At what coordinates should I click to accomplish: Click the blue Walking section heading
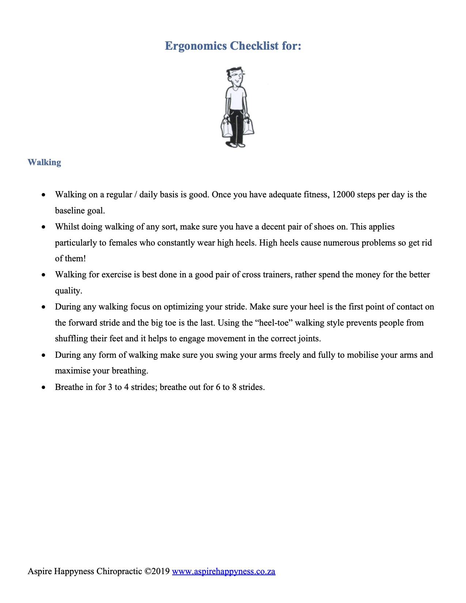tap(44, 162)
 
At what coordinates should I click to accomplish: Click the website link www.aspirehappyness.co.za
tap(223, 571)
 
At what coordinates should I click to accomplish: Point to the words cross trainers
tap(266, 275)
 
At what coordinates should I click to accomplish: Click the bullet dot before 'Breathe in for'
tap(44, 387)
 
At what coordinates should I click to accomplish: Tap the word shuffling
tap(71, 339)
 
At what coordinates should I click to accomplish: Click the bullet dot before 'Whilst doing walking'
tap(44, 227)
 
